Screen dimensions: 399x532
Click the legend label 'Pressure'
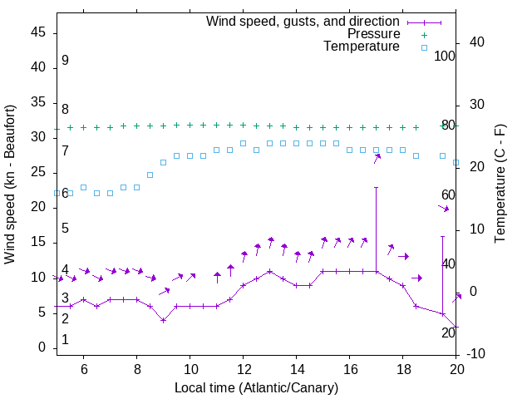373,34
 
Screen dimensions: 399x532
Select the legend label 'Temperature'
362,47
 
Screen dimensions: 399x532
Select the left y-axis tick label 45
38,32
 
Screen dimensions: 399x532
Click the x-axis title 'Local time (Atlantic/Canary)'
256,388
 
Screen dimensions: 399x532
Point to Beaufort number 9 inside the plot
65,61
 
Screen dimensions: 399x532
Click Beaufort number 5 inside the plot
65,229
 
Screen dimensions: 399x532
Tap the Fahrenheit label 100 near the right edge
445,56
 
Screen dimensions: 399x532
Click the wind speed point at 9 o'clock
163,320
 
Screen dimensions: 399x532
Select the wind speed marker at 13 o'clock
269,271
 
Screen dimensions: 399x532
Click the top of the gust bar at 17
377,187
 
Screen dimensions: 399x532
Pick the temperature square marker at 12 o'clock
243,143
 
